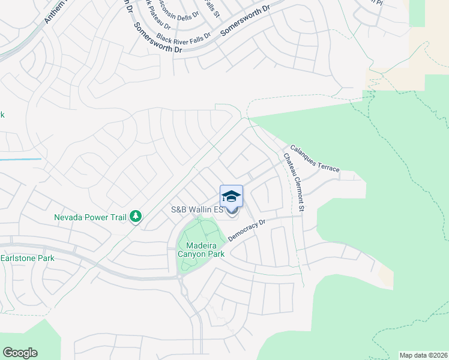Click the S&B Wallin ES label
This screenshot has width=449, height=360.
tap(197, 210)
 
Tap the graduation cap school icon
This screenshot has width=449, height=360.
tap(232, 196)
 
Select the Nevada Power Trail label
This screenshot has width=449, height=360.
tap(91, 217)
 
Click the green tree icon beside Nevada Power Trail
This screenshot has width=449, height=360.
tap(136, 216)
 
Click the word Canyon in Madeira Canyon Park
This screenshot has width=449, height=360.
tap(190, 254)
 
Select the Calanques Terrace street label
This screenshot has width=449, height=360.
tap(315, 158)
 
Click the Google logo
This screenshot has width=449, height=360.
tap(20, 353)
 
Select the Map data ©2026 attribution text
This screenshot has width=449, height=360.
tap(423, 355)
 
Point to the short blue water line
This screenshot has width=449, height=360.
tap(21, 160)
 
